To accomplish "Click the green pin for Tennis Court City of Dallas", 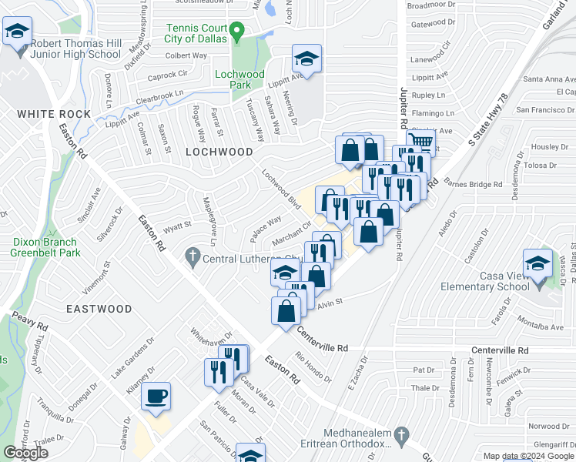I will (238, 33).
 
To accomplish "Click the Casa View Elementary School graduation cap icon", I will (537, 263).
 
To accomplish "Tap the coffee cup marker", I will (157, 397).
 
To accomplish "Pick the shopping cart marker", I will (420, 142).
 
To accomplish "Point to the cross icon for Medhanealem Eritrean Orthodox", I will (400, 436).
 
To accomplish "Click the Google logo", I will (26, 453).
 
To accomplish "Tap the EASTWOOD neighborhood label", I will (99, 309).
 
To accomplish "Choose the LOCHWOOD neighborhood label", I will (219, 152).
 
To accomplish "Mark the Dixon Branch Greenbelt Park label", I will (47, 246).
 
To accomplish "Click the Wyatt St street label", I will (176, 226).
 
